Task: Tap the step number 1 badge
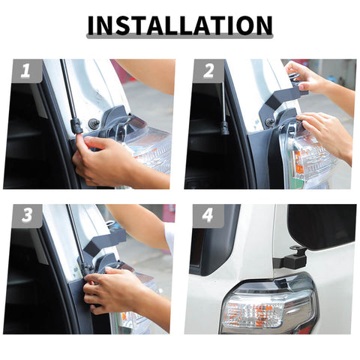[26, 71]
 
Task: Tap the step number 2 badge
[208, 71]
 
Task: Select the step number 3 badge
[26, 216]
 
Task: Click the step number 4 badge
[208, 216]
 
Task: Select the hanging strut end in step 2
[224, 126]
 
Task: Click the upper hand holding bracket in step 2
[315, 79]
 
